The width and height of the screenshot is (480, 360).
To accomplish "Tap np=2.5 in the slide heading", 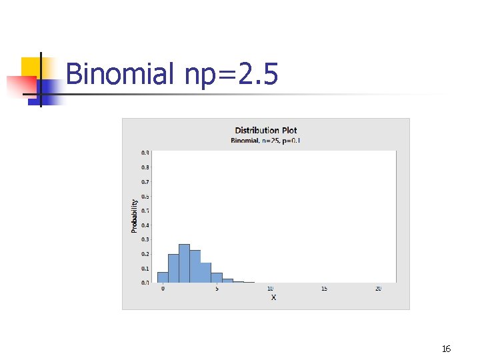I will [x=231, y=74].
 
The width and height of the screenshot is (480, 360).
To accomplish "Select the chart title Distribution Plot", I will [x=265, y=130].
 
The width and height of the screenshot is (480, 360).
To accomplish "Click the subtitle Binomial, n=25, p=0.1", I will [x=265, y=140].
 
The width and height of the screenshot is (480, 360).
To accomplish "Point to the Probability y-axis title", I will [x=134, y=215].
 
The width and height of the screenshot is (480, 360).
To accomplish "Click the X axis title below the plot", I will [x=273, y=297].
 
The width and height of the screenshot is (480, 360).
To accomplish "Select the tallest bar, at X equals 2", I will [x=184, y=263].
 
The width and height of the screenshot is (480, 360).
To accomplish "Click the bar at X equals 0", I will [x=163, y=277].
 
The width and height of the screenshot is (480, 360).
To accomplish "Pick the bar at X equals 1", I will [x=173, y=268].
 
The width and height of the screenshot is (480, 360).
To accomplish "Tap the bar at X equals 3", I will [x=195, y=267].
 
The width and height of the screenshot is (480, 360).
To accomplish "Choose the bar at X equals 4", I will [x=205, y=273].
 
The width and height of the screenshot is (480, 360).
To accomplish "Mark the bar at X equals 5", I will [x=217, y=278].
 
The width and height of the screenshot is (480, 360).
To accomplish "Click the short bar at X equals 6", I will [x=227, y=281].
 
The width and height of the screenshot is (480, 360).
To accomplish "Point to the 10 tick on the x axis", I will [x=270, y=289].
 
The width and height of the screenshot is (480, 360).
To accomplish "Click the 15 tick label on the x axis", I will [x=324, y=289].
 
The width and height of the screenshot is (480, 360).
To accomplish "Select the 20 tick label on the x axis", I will [x=378, y=289].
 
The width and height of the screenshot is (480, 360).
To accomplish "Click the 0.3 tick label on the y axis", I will [x=145, y=239].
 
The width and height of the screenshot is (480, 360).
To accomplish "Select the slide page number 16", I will [x=446, y=349].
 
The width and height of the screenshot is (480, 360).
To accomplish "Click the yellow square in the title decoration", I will [x=31, y=67].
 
